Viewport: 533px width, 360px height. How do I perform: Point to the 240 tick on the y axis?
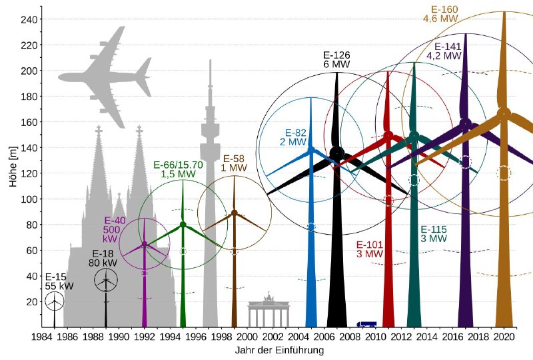[x=30, y=19]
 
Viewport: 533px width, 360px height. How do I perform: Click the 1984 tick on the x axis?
[x=42, y=337]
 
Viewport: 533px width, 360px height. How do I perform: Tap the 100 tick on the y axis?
[x=30, y=199]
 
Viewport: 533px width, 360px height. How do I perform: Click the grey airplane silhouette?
[x=107, y=77]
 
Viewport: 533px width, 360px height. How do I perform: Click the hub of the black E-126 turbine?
[x=337, y=153]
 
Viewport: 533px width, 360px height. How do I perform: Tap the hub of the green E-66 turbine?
[x=183, y=224]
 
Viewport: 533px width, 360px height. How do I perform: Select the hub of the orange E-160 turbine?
[x=504, y=113]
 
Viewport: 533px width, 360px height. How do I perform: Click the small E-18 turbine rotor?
[x=106, y=281]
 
